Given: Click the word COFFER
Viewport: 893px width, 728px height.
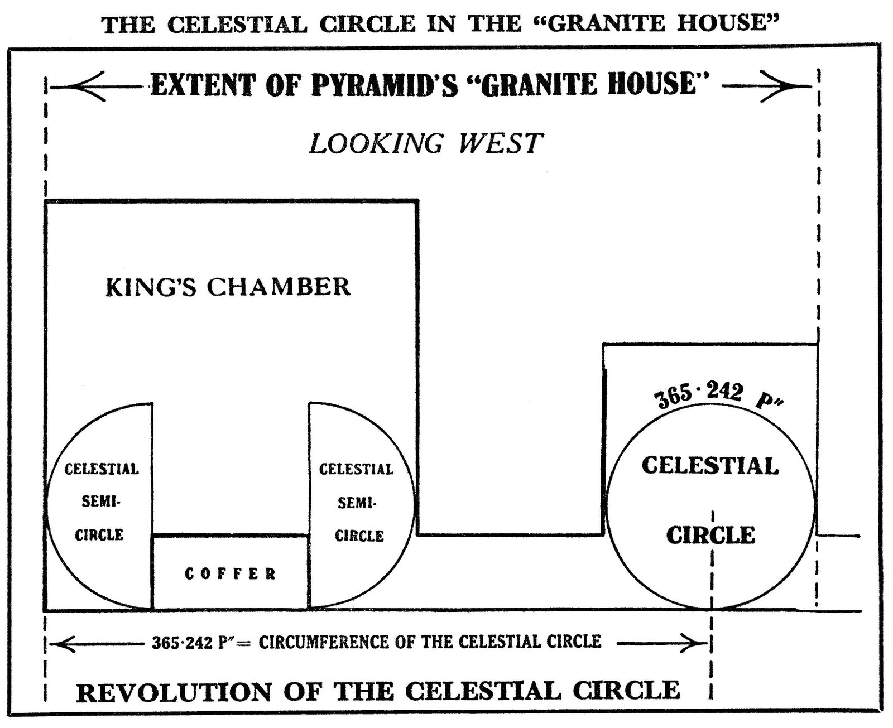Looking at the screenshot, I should point(230,573).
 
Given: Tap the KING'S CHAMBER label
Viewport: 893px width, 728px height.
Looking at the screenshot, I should point(228,287).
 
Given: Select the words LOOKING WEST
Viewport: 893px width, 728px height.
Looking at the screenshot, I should point(426,143).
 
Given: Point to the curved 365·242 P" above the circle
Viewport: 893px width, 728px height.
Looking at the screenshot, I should point(717,397).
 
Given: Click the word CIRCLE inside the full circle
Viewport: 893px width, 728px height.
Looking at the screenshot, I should point(710,536).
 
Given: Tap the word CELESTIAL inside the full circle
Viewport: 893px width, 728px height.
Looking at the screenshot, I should point(710,466).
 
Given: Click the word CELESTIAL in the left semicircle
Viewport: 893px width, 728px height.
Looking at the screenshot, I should point(102,469).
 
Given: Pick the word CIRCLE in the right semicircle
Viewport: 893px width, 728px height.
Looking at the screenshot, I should point(359,536).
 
